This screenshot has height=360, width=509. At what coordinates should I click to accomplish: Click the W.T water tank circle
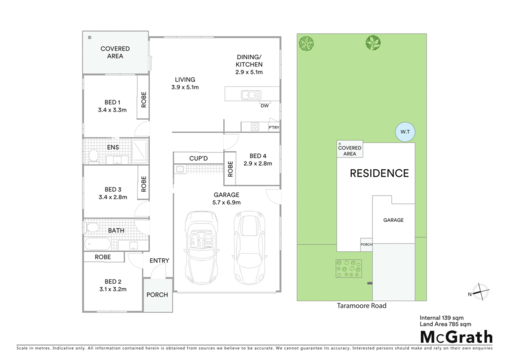405,132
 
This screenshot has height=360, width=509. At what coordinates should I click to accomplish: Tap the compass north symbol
480,291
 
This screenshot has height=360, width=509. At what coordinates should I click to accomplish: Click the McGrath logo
456,337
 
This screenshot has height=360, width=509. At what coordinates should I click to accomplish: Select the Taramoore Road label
362,305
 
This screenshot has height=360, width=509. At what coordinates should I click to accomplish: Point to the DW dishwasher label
264,106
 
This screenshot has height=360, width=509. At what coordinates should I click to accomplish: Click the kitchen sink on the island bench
251,95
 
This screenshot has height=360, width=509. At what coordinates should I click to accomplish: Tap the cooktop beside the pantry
255,126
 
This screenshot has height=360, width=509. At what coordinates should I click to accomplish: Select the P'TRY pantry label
274,128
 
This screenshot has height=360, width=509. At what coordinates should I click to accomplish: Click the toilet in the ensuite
93,156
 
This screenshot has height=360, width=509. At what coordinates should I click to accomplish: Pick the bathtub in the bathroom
97,244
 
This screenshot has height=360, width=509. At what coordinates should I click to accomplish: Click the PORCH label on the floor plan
157,295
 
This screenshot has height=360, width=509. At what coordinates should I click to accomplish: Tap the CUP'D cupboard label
198,159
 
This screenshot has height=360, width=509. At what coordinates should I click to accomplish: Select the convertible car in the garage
201,248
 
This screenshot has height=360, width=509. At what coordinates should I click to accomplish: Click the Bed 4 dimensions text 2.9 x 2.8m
258,164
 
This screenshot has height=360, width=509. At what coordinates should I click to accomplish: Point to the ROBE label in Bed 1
144,99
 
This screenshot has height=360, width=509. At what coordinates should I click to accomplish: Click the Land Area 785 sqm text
445,324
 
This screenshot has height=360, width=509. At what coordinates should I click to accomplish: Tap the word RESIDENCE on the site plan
379,174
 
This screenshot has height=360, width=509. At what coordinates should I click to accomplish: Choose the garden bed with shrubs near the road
348,269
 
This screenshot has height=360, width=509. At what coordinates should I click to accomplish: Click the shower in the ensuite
140,151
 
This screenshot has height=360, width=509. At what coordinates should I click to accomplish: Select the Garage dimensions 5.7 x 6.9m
227,202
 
